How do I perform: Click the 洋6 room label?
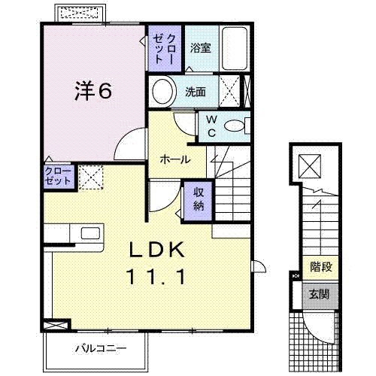click(93, 91)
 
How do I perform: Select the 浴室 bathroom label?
click(200, 47)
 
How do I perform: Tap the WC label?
click(211, 126)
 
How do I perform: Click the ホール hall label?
click(174, 159)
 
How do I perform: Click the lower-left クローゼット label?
click(58, 177)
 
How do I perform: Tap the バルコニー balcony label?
click(100, 349)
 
